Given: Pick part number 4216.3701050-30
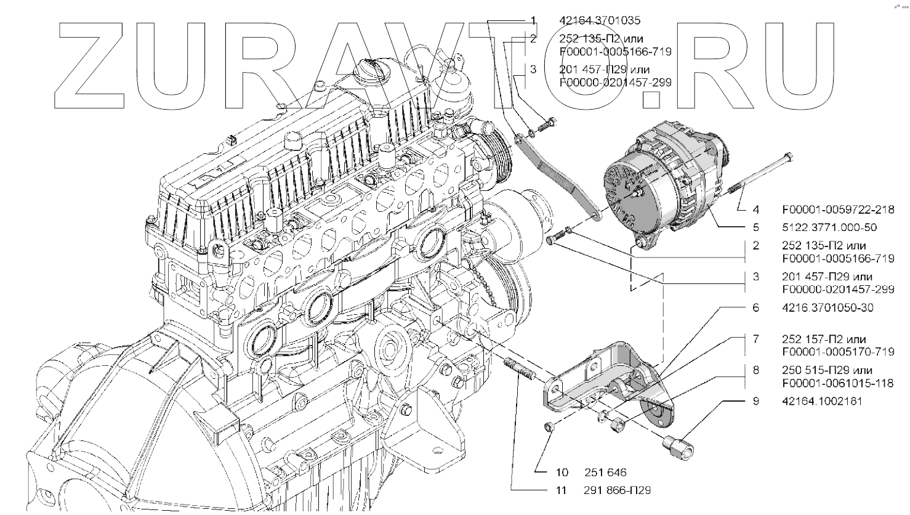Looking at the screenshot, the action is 829,307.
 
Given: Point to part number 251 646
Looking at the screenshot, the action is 605,472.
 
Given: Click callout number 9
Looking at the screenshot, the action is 756,401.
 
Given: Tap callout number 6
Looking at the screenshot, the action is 756,307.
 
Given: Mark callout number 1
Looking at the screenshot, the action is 534,20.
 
